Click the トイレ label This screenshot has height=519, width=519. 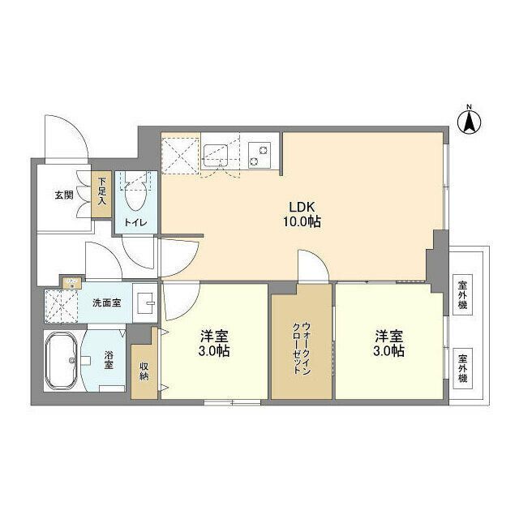tap(135, 221)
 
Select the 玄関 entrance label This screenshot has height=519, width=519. tap(64, 195)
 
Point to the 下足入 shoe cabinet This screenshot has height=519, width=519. tap(103, 195)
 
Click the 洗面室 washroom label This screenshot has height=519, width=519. tap(106, 302)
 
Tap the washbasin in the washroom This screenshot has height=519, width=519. tap(146, 303)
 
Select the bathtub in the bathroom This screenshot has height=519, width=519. tap(62, 361)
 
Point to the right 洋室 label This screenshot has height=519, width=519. tap(389, 343)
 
